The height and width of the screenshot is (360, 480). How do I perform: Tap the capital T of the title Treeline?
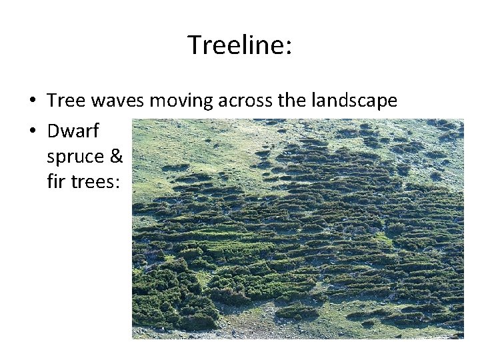point(194,45)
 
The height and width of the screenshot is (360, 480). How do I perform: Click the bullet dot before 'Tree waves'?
point(33,101)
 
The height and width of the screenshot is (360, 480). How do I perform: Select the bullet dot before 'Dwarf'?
point(33,131)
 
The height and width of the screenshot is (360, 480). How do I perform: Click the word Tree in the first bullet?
point(67,101)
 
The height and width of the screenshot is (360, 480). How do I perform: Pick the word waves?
point(118,101)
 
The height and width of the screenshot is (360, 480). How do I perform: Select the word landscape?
point(352,102)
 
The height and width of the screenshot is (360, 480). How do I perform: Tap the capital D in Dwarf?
point(53,131)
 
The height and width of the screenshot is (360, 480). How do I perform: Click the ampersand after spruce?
point(117,156)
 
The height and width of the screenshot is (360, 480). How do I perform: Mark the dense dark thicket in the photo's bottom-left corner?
point(167,300)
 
